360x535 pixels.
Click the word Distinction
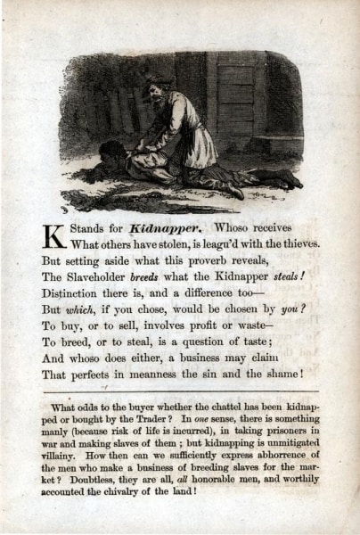(x=77, y=293)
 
